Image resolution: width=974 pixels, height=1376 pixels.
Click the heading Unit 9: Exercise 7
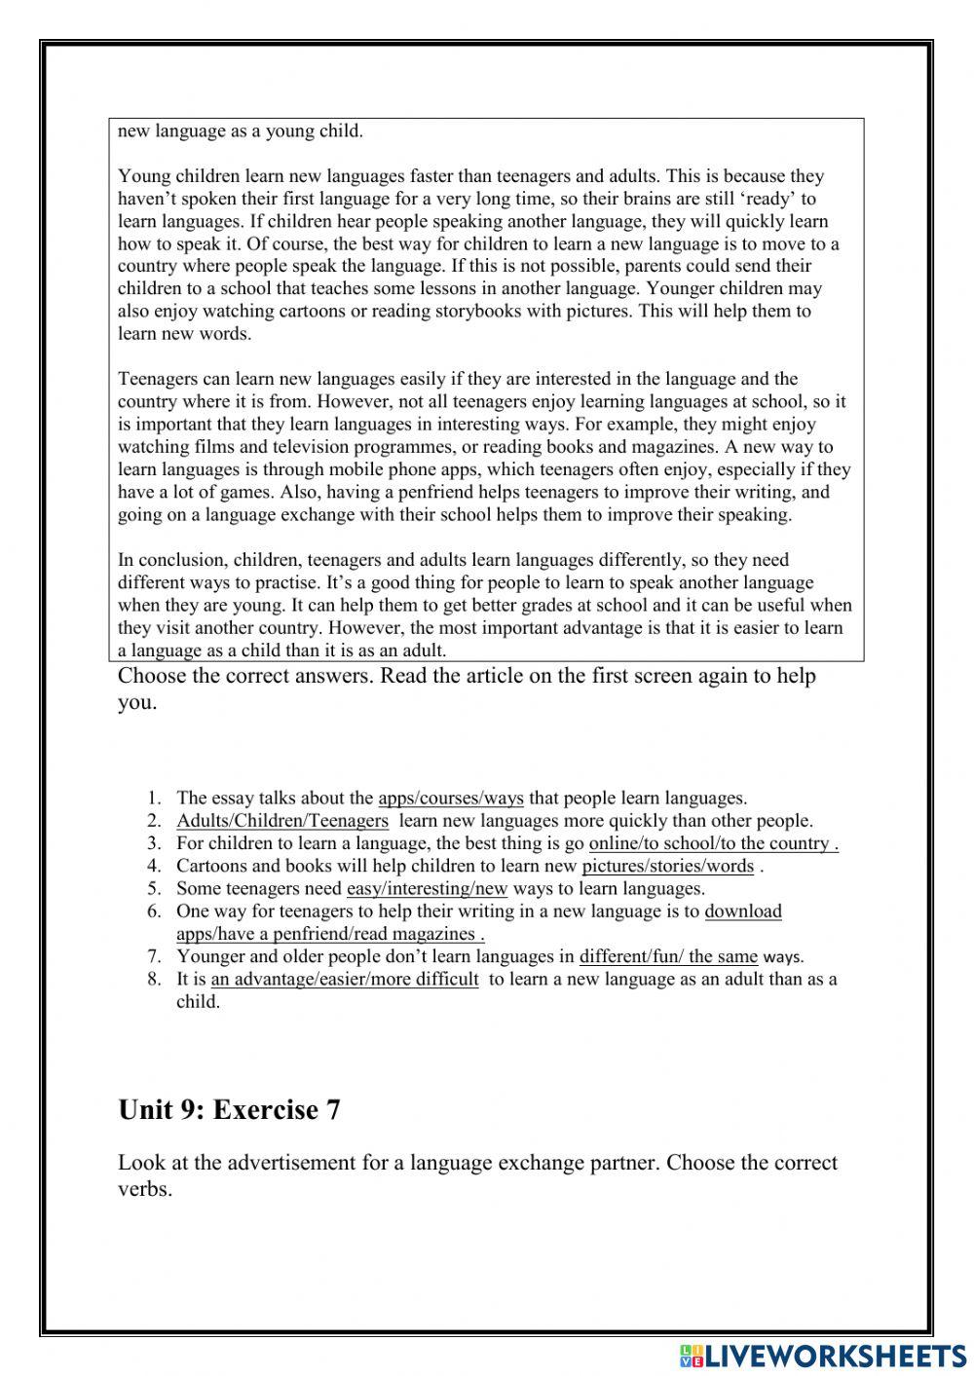(229, 1109)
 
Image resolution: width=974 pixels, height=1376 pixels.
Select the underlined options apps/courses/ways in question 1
(450, 799)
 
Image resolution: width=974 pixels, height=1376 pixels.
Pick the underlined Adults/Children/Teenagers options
(282, 821)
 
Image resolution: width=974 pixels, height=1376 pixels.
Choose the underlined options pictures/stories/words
(667, 866)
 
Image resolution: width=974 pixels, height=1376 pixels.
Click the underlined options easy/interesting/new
(427, 888)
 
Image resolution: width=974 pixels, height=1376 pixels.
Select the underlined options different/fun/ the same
(668, 956)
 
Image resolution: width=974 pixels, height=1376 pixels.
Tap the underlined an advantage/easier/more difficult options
(345, 979)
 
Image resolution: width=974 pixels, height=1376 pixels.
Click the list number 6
(154, 911)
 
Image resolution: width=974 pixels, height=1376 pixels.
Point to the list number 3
(154, 843)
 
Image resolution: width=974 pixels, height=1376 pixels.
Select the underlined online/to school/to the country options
(713, 843)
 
